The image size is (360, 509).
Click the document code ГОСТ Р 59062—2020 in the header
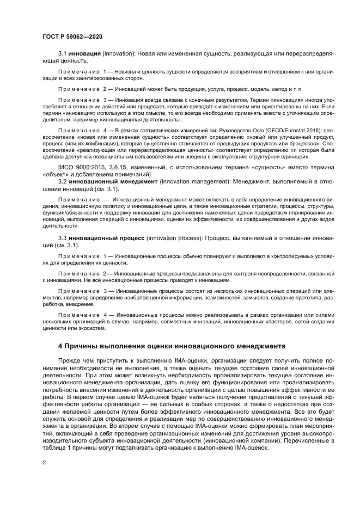click(72, 36)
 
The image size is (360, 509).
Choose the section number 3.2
click(63, 180)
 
